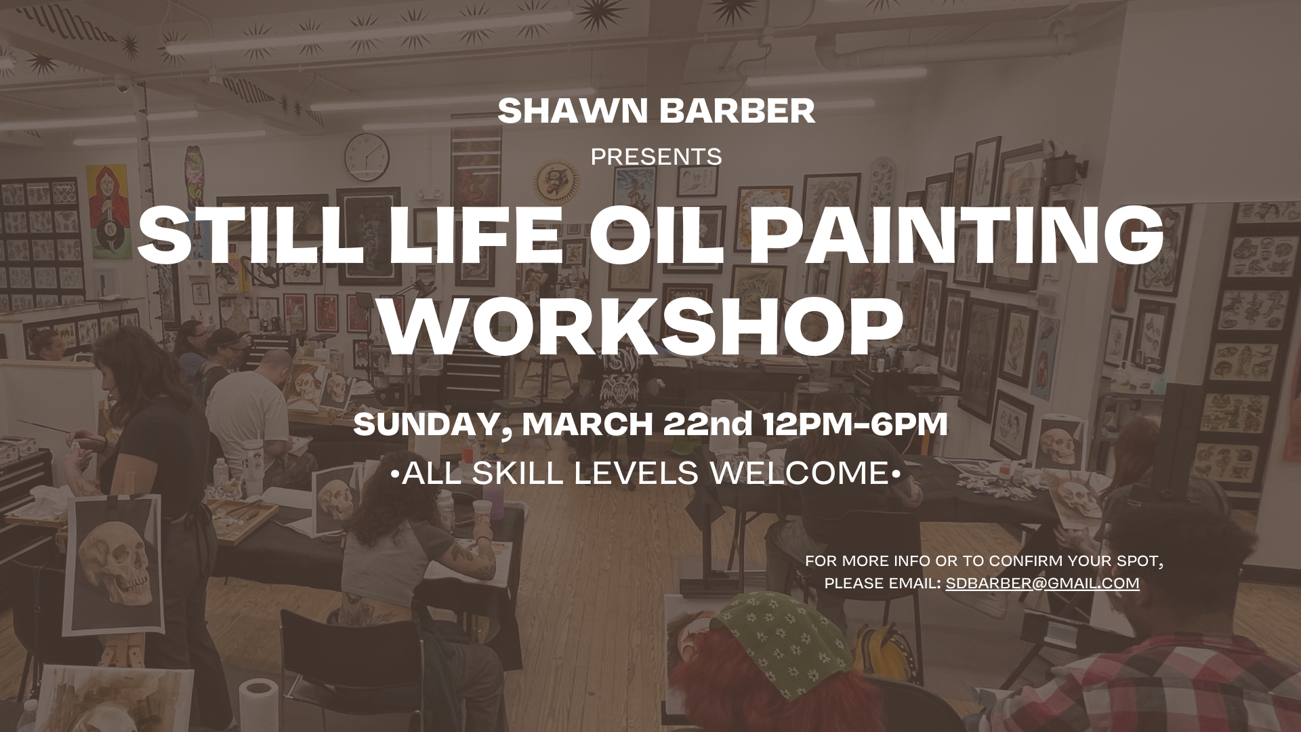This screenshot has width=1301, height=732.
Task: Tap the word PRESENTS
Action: tap(656, 157)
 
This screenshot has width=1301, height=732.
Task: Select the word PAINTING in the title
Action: tap(941, 235)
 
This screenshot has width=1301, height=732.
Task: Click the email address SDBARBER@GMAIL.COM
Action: tap(1042, 584)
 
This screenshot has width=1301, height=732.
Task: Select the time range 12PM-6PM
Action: tap(855, 424)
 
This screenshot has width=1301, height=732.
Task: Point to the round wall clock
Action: tap(367, 157)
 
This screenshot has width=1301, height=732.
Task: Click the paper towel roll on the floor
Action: tap(257, 705)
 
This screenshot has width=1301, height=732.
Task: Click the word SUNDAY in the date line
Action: tap(426, 424)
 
